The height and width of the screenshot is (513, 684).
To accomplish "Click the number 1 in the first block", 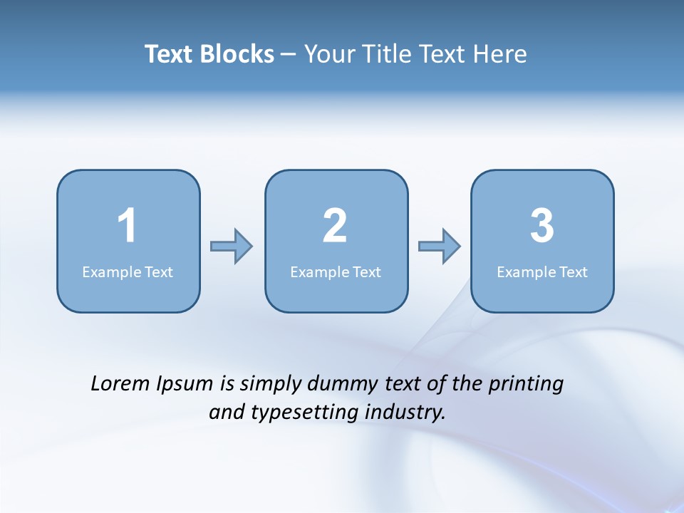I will coord(128,226).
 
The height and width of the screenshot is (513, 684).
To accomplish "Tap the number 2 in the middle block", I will coord(335,226).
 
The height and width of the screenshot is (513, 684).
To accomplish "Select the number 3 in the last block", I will coord(542,226).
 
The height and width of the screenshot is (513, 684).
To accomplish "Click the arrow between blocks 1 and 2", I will coord(232,247).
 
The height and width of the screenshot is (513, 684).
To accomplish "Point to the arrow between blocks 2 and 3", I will coord(440,247).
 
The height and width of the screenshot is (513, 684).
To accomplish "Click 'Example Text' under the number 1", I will coord(128,272).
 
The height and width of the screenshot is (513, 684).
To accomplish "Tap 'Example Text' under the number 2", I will coord(336,272).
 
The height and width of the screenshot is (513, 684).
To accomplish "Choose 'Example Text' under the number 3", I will coord(542,272).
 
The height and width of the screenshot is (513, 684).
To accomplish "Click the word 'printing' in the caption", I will coord(526,385).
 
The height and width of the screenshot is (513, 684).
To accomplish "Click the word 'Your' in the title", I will coord(327,54).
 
